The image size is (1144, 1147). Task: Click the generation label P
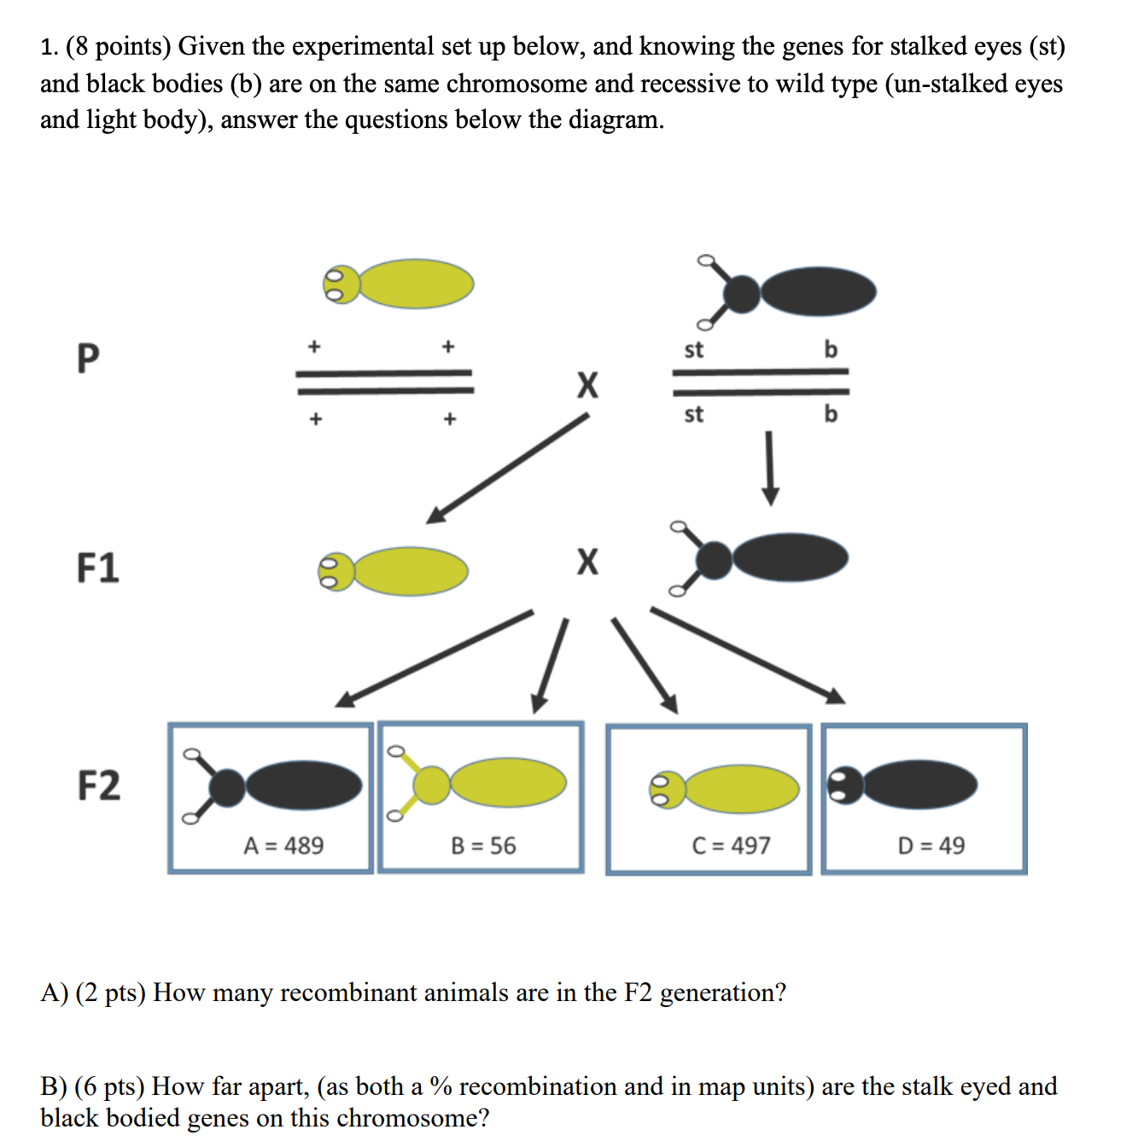pos(88,358)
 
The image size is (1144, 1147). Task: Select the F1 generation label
pos(97,568)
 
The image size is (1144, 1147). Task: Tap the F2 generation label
pos(99,785)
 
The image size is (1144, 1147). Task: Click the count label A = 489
pos(283,846)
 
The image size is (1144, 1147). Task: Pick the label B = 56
pos(483,846)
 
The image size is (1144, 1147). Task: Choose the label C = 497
pos(731,846)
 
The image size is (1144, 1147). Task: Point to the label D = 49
pos(931,846)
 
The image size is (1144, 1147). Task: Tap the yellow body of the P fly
pos(417,283)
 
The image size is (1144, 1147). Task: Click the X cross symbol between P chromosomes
pos(587,385)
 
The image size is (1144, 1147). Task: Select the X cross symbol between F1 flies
pos(587,562)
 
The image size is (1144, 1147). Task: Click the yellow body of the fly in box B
pos(508,782)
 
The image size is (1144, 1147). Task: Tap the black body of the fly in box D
pos(920,785)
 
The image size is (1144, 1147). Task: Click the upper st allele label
pos(693,350)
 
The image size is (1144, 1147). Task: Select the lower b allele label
pos(831,415)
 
